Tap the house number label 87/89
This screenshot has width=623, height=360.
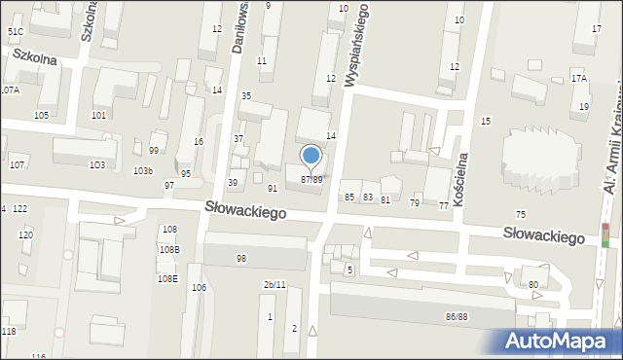point(311,180)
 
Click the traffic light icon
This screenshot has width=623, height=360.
point(607,234)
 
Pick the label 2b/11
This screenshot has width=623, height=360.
point(275,284)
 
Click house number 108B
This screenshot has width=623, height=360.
point(169,249)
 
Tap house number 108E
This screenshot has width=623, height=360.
point(167,278)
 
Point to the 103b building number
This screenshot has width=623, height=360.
point(142,170)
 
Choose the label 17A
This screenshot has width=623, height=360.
point(579,78)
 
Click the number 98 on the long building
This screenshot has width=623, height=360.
point(241,258)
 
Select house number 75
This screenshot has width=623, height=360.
point(521,214)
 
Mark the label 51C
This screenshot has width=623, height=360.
point(16,32)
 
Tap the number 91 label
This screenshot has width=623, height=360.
point(273,188)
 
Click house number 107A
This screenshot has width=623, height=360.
point(9,90)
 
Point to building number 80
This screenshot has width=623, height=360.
point(532,284)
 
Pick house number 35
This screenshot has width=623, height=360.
point(246,95)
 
